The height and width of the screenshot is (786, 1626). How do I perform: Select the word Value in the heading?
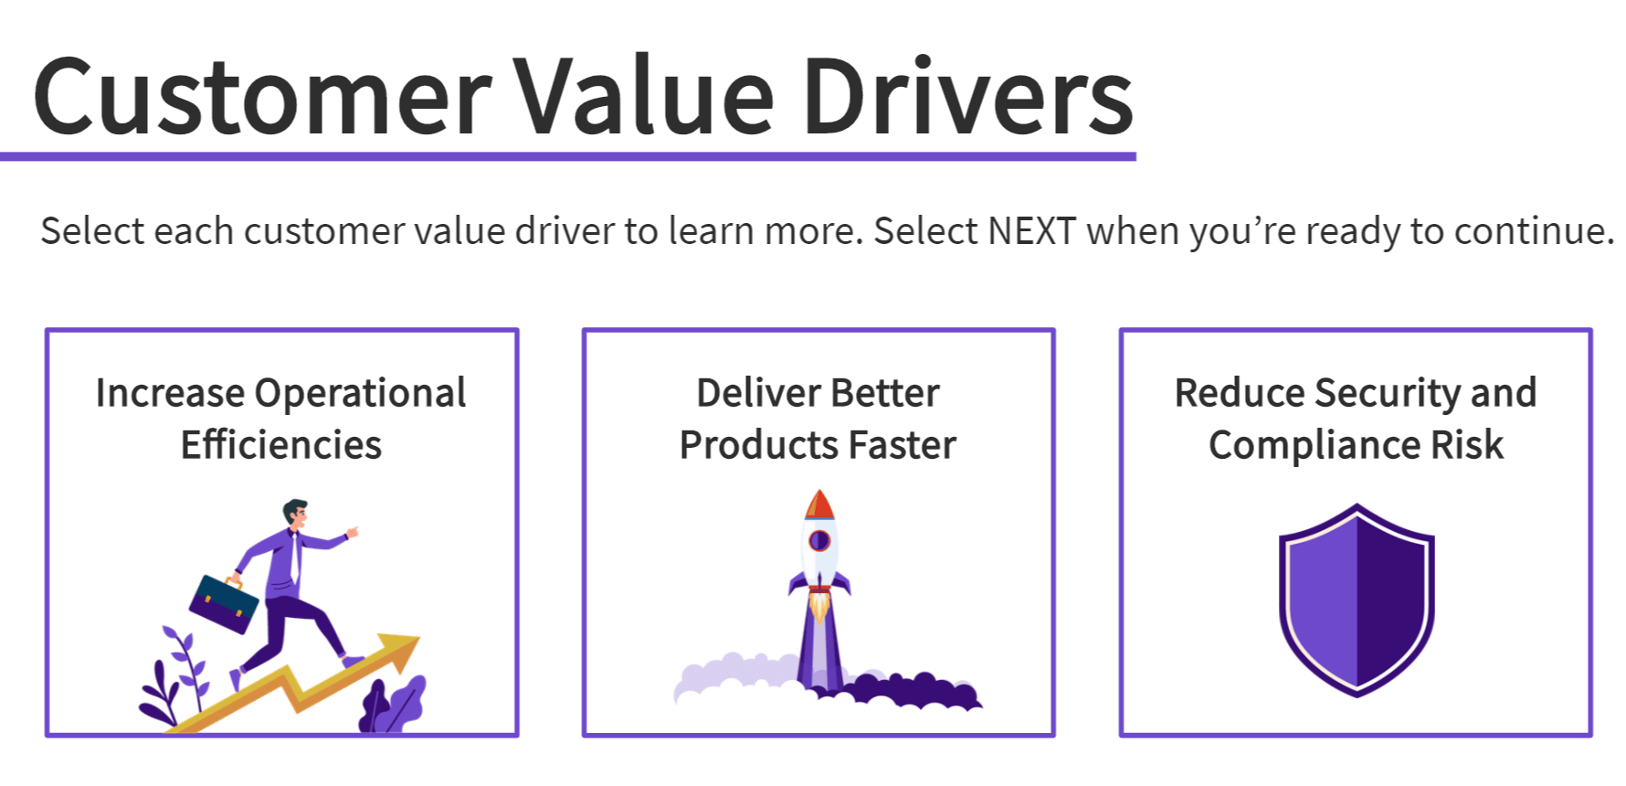click(x=643, y=97)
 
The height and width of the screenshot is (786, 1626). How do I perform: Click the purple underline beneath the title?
click(x=566, y=157)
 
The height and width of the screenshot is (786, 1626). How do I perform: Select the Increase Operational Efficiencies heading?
click(x=281, y=419)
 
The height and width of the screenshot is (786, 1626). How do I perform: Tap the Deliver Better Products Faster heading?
click(x=818, y=419)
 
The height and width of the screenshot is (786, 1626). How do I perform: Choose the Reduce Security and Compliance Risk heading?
click(x=1356, y=419)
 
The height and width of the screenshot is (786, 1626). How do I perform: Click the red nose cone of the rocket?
click(x=818, y=505)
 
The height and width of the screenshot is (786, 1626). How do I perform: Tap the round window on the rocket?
click(x=819, y=540)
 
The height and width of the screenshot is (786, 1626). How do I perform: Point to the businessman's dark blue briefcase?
click(x=223, y=604)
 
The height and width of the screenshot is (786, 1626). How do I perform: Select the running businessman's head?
click(x=294, y=514)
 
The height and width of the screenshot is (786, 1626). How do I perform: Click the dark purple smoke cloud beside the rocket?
click(x=913, y=692)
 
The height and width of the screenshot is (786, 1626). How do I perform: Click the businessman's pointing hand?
click(x=352, y=531)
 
